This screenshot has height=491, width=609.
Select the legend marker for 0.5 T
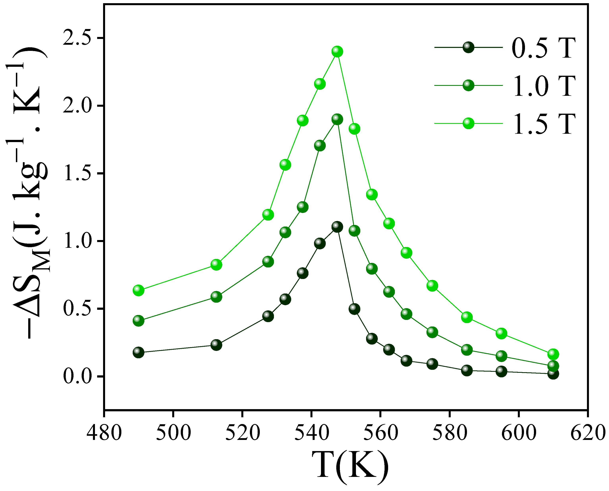[x=468, y=47]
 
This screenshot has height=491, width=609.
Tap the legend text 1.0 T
[x=544, y=86]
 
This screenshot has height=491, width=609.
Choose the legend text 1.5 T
[x=544, y=124]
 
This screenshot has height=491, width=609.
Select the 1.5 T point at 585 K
[x=467, y=317]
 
